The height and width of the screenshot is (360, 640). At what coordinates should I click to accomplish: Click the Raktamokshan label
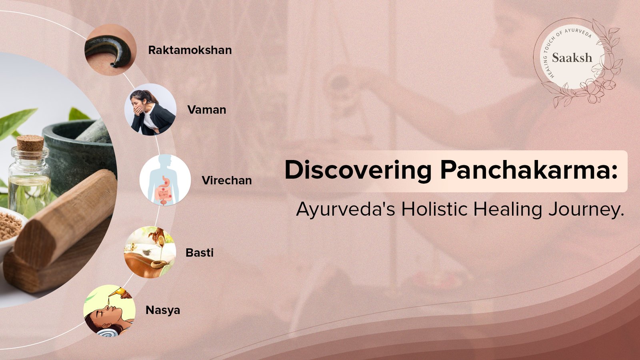point(190,50)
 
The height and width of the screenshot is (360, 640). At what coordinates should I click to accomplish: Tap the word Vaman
point(206,110)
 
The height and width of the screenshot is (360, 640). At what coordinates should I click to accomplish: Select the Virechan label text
point(226,180)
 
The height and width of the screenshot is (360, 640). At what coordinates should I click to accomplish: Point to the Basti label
point(200,252)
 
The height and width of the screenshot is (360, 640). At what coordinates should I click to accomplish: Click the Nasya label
point(162,310)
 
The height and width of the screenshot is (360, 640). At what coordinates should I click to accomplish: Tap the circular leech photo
point(110,50)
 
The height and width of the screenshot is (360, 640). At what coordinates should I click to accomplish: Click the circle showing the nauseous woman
point(150,110)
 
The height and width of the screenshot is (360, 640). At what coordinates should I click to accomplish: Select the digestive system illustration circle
point(165,180)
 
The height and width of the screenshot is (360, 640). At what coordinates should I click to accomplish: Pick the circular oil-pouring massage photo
point(150,252)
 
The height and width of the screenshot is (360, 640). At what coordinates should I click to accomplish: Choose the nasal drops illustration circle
point(110,310)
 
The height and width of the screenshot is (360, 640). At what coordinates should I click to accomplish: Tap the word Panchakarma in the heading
point(528,170)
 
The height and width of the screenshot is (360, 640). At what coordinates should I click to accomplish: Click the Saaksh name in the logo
point(572,58)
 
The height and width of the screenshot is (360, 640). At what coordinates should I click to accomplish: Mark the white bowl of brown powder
point(12,228)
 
